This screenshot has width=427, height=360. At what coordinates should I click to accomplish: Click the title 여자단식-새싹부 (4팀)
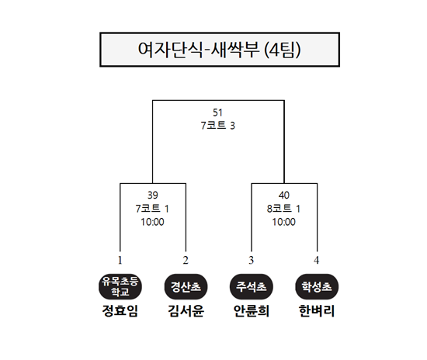219,50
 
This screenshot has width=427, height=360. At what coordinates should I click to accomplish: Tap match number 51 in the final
217,112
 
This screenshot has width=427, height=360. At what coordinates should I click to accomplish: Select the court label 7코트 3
218,126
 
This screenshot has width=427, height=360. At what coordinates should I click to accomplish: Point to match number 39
152,195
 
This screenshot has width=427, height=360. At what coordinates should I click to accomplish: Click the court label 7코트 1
152,209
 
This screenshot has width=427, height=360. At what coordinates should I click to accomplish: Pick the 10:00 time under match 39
152,222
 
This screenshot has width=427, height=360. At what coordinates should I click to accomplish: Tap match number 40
283,195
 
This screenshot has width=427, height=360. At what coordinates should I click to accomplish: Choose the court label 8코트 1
283,209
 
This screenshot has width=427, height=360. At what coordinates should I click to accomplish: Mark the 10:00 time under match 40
283,222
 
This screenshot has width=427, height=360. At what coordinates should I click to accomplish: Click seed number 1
120,261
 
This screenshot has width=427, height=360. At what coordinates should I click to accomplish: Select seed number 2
186,261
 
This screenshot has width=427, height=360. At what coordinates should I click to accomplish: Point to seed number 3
251,261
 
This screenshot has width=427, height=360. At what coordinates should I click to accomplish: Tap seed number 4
317,261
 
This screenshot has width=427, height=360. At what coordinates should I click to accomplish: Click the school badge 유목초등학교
120,287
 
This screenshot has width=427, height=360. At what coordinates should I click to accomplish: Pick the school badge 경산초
186,287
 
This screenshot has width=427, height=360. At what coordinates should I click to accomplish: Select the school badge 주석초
252,287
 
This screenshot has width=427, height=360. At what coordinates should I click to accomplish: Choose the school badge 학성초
317,287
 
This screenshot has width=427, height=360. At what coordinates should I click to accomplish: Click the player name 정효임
120,311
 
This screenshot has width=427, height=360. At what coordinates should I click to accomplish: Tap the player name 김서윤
186,311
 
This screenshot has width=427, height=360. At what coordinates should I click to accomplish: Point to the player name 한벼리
317,311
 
